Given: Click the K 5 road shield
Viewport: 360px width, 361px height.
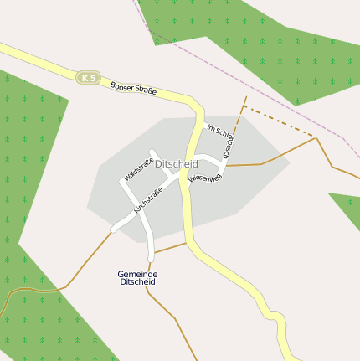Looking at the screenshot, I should pyautogui.click(x=87, y=78).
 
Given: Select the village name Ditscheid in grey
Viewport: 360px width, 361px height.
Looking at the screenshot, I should pyautogui.click(x=177, y=164).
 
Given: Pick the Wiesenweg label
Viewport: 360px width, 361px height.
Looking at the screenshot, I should pyautogui.click(x=204, y=178).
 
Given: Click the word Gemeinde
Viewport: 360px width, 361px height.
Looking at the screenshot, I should pyautogui.click(x=138, y=274).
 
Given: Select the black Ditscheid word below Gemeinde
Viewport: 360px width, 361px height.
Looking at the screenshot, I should pyautogui.click(x=138, y=282).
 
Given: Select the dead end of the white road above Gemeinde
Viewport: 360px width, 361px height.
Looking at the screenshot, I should pyautogui.click(x=151, y=257).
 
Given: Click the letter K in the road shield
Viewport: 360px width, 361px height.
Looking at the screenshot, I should pyautogui.click(x=84, y=78).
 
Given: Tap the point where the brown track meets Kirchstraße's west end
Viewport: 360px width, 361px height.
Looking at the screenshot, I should pyautogui.click(x=112, y=229).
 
